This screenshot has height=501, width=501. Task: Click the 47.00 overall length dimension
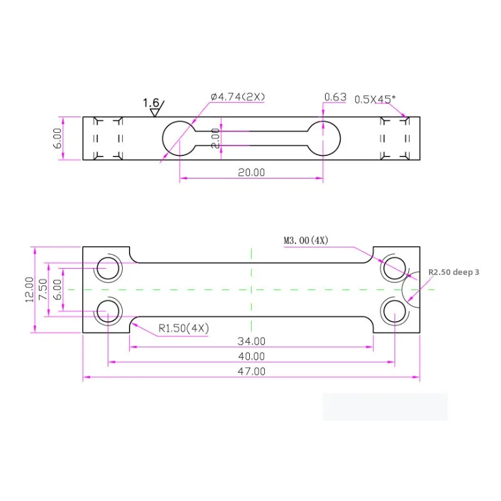[250, 371]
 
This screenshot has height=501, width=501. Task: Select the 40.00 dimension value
[250, 356]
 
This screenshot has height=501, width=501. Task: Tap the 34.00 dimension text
[250, 341]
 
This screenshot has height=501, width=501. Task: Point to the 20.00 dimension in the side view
[250, 173]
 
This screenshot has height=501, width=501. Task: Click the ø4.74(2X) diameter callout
[238, 97]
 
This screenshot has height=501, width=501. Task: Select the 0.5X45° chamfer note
[375, 99]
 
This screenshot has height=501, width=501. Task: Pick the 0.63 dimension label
[335, 97]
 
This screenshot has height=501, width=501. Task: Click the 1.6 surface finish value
[151, 103]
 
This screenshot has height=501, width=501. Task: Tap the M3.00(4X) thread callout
[306, 240]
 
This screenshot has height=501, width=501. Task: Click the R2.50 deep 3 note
[453, 272]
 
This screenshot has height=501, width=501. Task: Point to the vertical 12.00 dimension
[28, 289]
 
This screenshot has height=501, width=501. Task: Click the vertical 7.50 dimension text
[42, 289]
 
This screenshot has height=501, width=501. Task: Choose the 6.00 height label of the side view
[57, 138]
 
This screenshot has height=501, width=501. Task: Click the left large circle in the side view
[180, 138]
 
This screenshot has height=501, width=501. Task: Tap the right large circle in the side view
[323, 138]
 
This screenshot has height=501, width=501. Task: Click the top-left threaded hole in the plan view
[108, 268]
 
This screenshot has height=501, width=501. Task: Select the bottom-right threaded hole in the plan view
[395, 311]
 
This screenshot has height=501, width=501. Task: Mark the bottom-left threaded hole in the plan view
[108, 311]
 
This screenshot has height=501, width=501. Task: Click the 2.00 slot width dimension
[215, 138]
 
